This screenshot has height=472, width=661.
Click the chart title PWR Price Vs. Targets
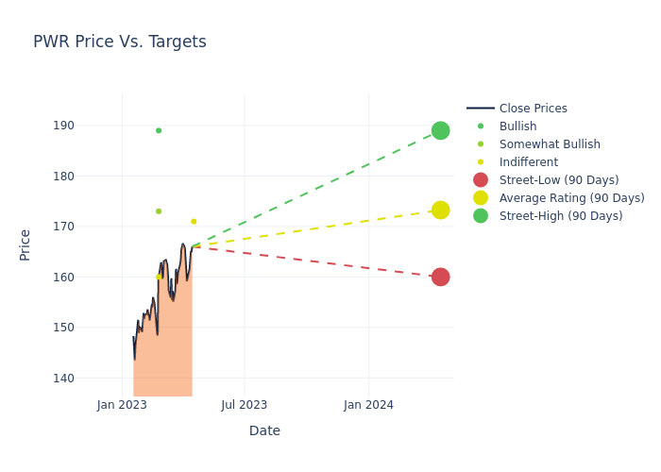coord(120,42)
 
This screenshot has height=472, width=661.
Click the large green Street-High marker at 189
coord(440,130)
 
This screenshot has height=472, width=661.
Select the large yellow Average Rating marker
coord(440,210)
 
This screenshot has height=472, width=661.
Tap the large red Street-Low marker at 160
coord(440,277)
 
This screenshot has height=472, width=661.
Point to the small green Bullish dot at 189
coord(159,130)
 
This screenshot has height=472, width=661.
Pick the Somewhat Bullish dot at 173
coord(159,211)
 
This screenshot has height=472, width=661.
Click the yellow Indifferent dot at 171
coord(194,222)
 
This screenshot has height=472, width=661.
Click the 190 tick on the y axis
coord(89,126)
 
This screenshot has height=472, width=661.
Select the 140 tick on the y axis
coord(89,379)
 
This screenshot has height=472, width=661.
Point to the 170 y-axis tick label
coord(89,227)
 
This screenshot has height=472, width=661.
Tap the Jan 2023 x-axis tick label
coord(122,405)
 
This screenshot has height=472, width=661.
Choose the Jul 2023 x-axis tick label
coord(245,405)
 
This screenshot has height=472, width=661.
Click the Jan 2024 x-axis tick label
coord(368,405)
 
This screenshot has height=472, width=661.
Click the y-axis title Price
coord(25,244)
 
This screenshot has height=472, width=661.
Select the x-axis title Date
coord(264,431)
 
